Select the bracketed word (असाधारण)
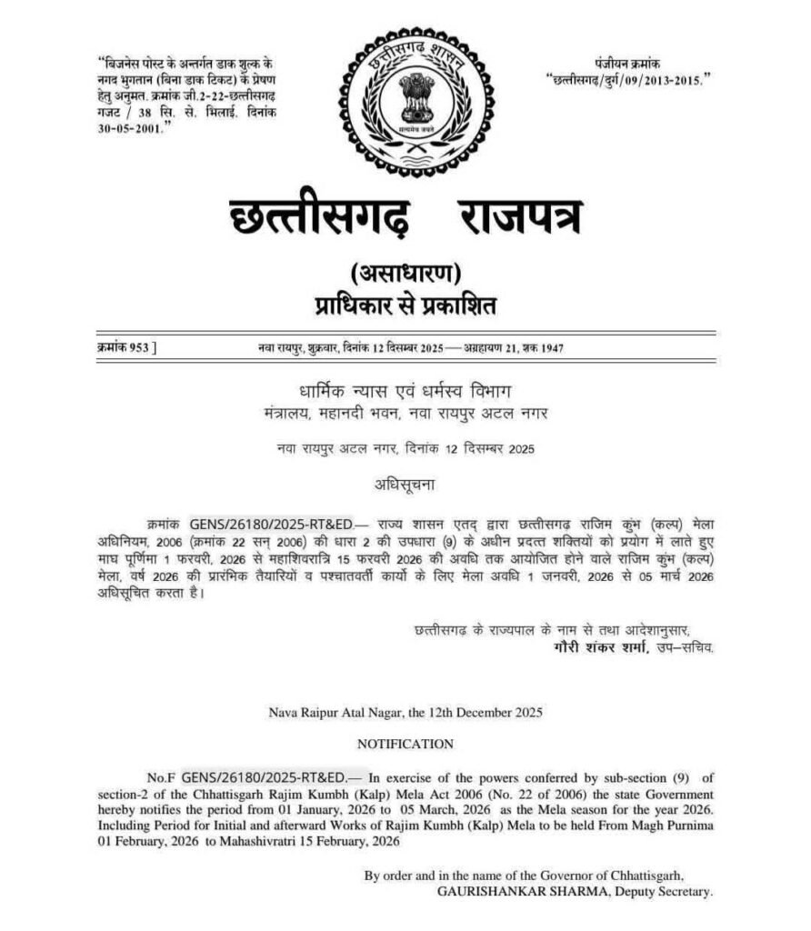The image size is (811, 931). [x=406, y=272]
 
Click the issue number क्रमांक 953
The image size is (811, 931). [x=125, y=349]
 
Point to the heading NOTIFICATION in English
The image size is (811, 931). [x=405, y=744]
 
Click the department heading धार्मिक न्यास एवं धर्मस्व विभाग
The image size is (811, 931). [x=405, y=392]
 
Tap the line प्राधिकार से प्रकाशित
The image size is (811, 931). [x=405, y=305]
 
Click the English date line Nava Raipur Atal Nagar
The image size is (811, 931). [x=405, y=713]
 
